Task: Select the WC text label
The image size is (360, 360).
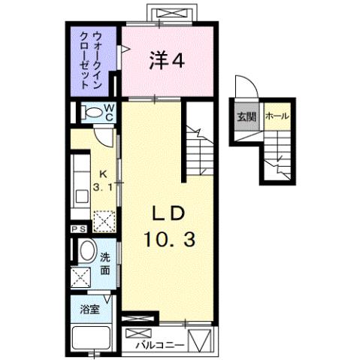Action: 109,112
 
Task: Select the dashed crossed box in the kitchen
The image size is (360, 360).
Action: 102,219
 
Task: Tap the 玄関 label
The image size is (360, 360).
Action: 246,116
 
